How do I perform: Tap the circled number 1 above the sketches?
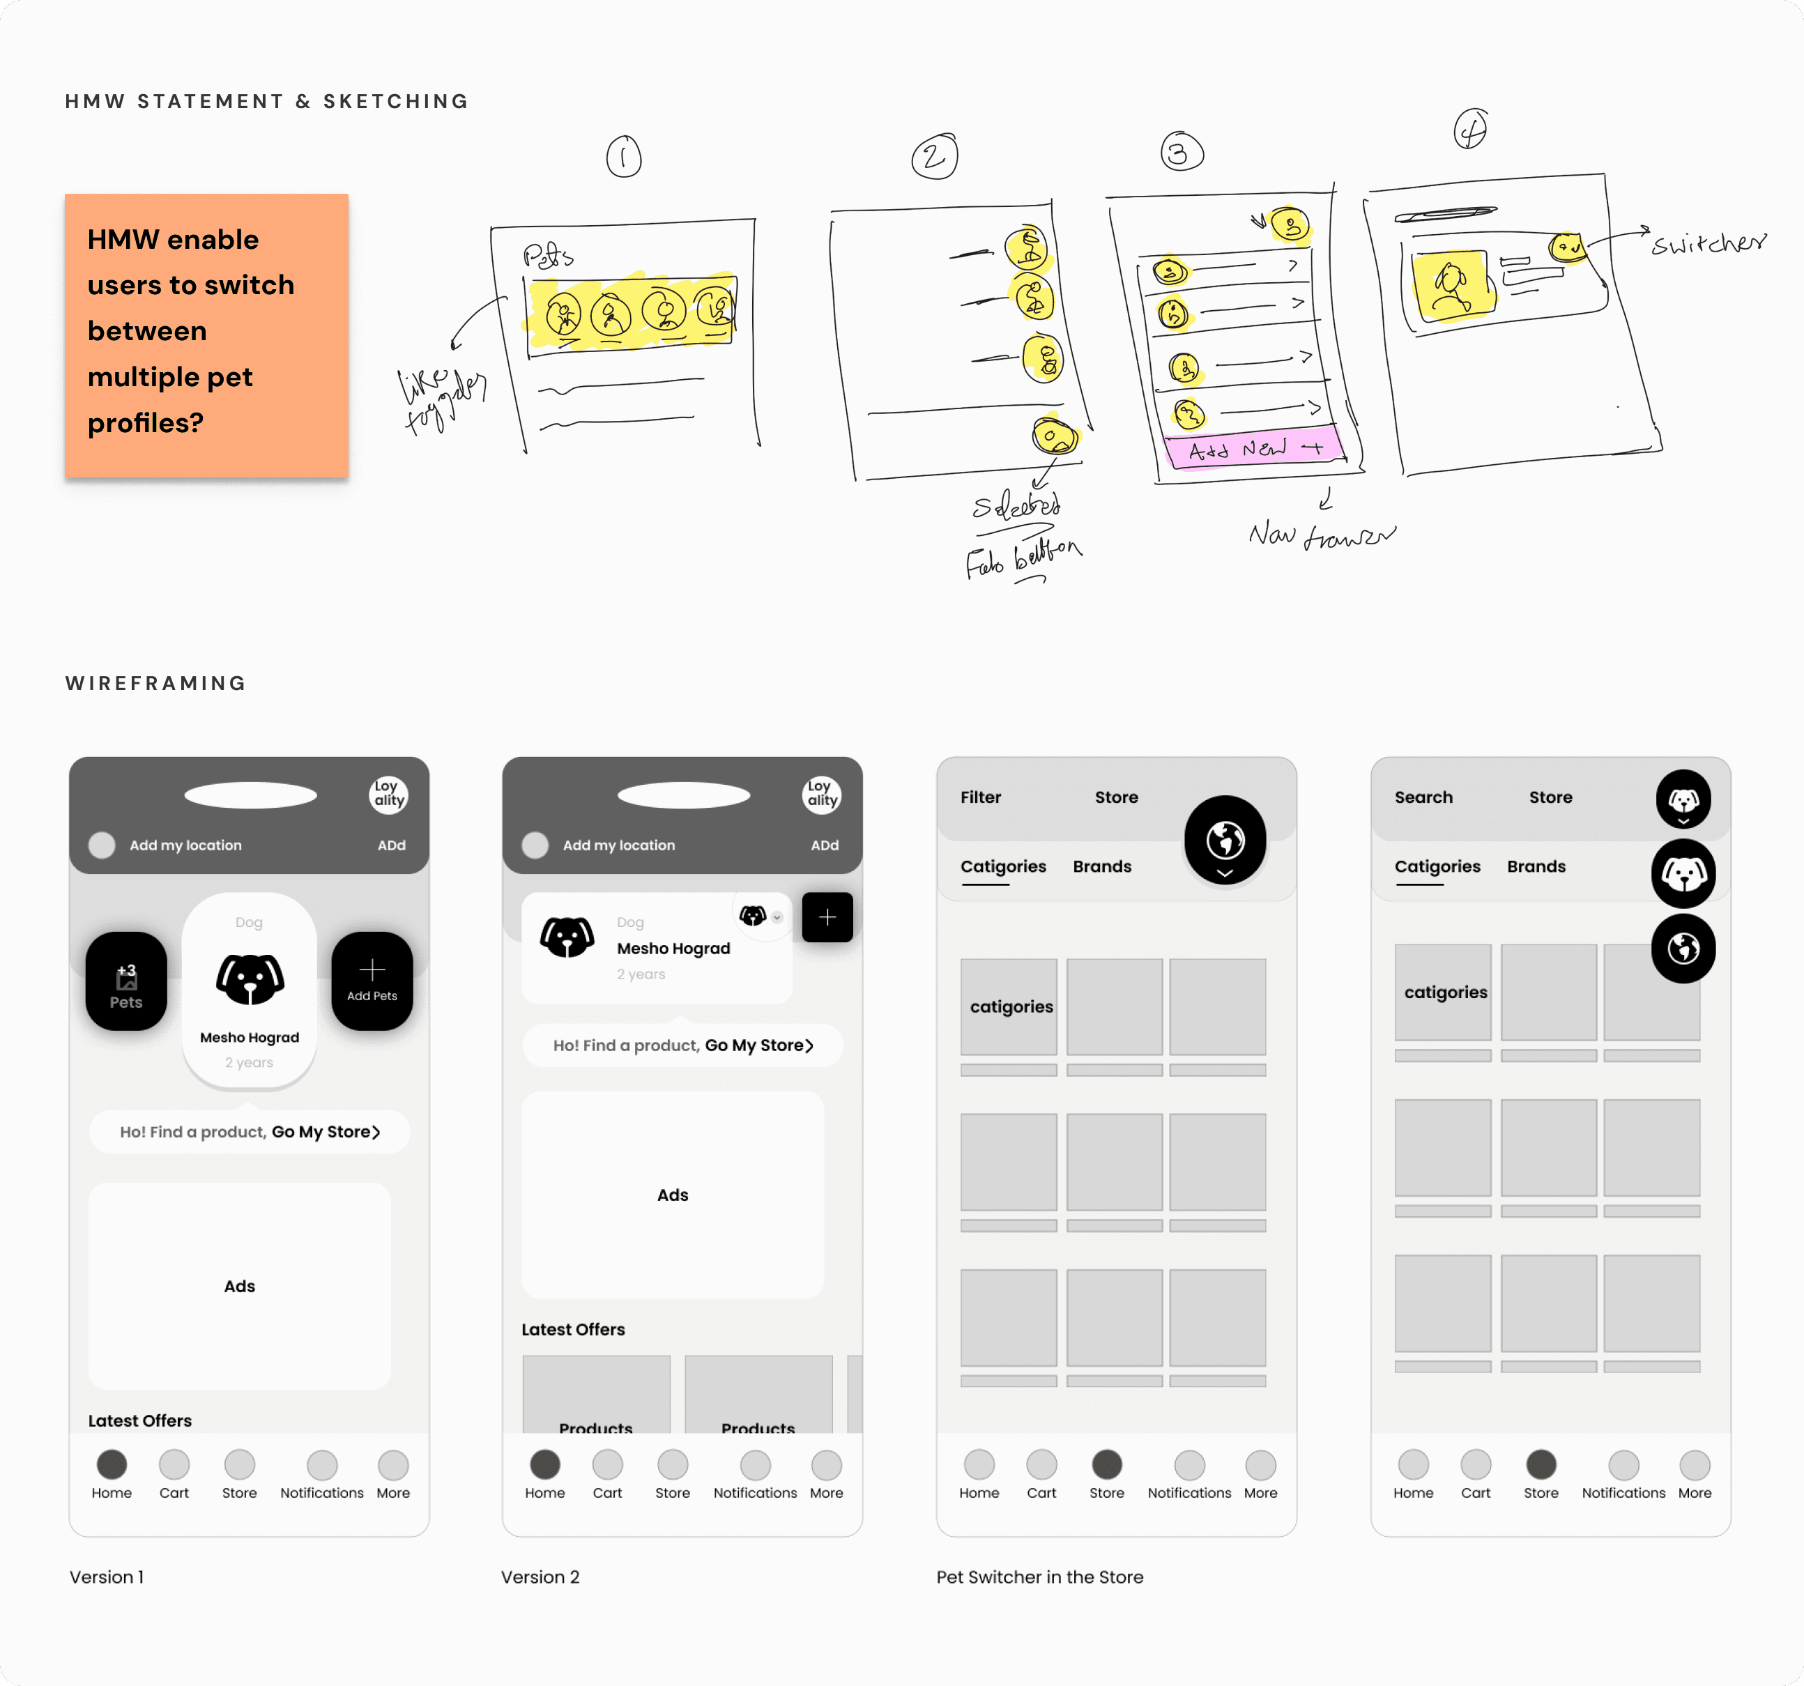tap(623, 157)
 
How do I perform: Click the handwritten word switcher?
tap(1708, 243)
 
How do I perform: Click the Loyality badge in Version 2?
tap(821, 794)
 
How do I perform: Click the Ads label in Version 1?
tap(240, 1286)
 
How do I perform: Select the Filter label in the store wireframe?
tap(980, 797)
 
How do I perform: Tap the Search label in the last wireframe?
tap(1423, 797)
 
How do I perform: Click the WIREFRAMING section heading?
tap(155, 683)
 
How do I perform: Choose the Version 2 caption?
tap(540, 1577)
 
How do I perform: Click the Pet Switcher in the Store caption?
tap(1039, 1577)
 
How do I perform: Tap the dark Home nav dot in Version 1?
tap(112, 1464)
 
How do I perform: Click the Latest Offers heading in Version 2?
tap(572, 1329)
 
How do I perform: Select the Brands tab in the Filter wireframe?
tap(1101, 866)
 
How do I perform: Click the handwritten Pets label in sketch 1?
tap(547, 256)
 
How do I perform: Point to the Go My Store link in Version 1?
tap(326, 1132)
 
